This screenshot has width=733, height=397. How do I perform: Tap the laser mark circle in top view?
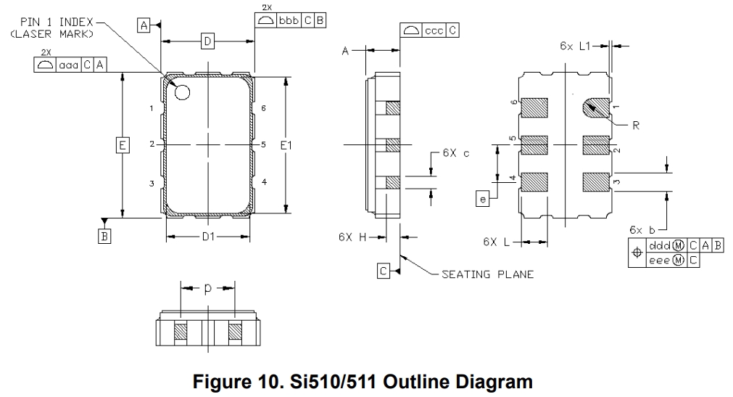pos(181,92)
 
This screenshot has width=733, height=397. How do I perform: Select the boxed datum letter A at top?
pos(144,25)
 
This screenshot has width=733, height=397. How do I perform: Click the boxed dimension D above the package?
pos(207,43)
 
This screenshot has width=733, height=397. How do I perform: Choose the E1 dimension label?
pos(286,146)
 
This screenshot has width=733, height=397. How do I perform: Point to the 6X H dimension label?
pos(353,237)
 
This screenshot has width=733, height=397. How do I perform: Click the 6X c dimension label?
pos(455,153)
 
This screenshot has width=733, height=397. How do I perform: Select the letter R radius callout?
pos(635,125)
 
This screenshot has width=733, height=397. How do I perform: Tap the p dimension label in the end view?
pos(207,288)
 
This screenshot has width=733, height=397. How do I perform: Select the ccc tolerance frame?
pos(429,30)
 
